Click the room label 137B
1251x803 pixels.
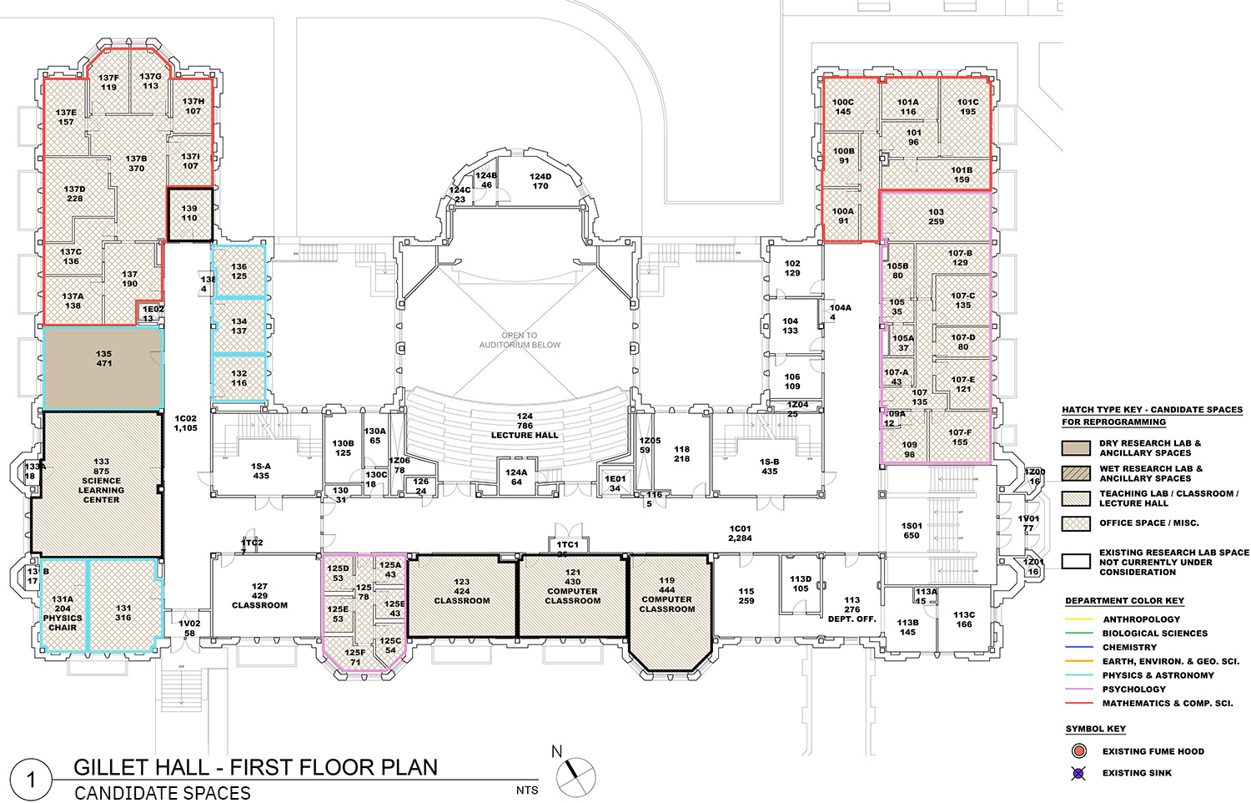(136, 164)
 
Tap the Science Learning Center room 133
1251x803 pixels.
(101, 481)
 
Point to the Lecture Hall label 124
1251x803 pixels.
(524, 426)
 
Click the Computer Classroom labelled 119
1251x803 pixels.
(666, 594)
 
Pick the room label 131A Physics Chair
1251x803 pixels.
(63, 613)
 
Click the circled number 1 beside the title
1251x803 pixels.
(32, 780)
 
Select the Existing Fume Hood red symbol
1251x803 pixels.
(1079, 751)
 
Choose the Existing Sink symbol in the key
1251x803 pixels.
(1078, 773)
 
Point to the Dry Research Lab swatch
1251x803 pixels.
(1076, 448)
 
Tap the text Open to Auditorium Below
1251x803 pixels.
(520, 340)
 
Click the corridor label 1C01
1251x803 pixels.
(740, 533)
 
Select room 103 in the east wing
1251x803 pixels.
(936, 217)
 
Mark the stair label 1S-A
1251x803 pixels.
(261, 472)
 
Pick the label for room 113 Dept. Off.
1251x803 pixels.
(852, 609)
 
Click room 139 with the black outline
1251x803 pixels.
(189, 214)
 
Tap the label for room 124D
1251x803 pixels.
(540, 181)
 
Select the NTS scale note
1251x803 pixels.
(527, 790)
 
